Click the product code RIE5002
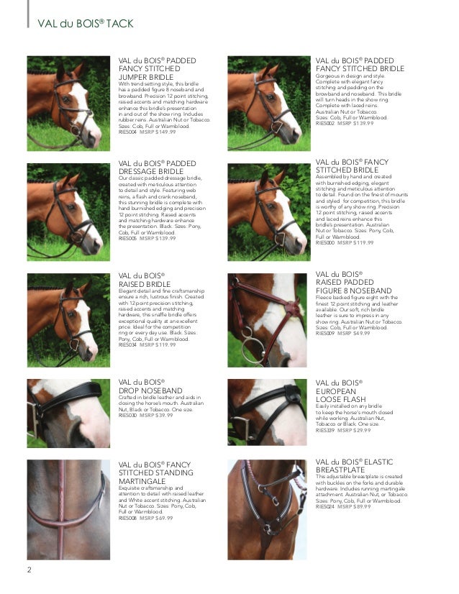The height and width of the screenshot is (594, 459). (x=326, y=124)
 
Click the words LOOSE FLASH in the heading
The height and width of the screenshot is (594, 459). (x=340, y=398)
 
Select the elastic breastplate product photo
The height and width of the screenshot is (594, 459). (x=266, y=509)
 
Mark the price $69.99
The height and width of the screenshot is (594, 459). (x=165, y=518)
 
